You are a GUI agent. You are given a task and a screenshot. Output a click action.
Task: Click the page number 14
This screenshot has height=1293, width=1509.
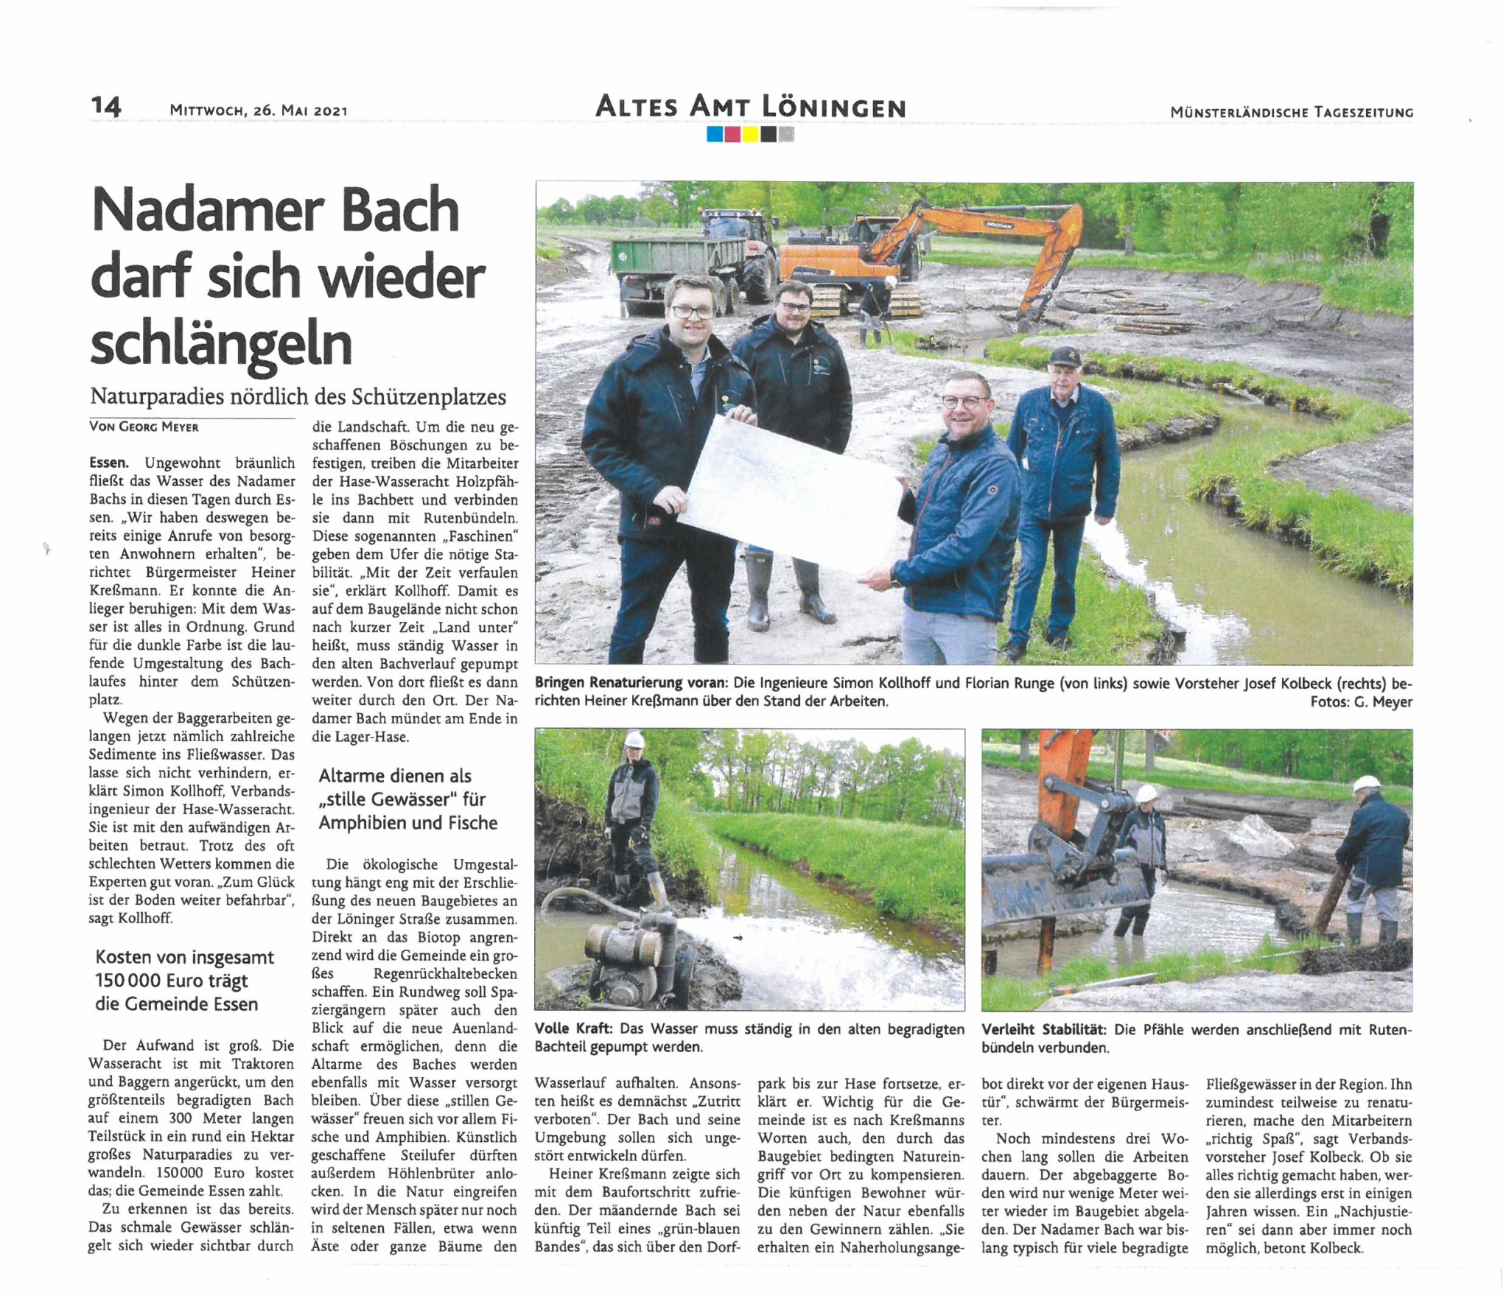106,107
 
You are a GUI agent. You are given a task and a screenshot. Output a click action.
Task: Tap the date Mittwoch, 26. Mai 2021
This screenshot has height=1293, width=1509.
258,111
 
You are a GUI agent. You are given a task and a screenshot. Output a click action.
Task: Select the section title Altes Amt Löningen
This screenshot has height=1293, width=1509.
750,108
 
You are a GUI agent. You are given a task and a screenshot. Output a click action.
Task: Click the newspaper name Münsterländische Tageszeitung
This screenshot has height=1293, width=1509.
1292,113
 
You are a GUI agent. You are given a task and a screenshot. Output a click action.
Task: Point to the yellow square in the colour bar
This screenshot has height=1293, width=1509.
750,135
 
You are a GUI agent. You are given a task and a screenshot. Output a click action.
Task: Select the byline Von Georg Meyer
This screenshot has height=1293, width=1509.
144,427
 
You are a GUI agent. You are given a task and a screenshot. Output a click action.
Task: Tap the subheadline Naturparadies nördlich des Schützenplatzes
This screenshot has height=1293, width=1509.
298,397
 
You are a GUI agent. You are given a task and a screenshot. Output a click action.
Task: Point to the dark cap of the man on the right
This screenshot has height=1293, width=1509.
1065,357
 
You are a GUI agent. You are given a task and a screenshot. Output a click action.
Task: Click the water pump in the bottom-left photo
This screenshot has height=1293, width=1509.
626,950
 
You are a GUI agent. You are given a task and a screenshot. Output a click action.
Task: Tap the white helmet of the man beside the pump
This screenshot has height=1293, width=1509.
634,741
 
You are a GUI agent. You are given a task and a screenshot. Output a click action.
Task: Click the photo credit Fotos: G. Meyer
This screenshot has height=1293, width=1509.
1361,702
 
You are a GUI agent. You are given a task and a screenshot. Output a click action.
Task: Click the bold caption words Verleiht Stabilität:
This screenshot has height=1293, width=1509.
1044,1030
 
